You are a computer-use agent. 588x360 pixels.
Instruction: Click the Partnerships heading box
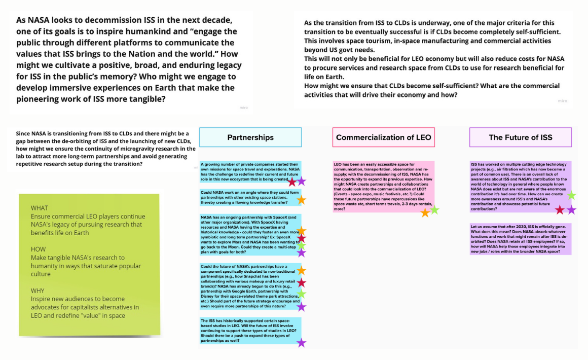[250, 137]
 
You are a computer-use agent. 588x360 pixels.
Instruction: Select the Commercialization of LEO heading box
[383, 137]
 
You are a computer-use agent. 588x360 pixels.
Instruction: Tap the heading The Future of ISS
[520, 137]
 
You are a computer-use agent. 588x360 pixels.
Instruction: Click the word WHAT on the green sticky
[40, 208]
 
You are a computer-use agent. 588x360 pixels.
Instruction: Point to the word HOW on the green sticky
[39, 249]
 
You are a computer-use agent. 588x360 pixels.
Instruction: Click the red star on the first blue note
[292, 181]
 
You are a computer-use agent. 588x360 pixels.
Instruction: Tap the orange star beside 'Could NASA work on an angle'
[301, 200]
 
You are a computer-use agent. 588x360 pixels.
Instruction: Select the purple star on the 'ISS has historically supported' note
[301, 343]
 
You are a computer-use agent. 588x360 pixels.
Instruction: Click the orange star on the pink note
[425, 212]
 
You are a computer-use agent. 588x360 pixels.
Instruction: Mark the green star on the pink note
[434, 209]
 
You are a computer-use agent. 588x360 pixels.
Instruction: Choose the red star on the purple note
[560, 209]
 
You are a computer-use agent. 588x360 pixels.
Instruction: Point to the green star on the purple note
[571, 195]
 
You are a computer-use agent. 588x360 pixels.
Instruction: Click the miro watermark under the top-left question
[243, 108]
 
